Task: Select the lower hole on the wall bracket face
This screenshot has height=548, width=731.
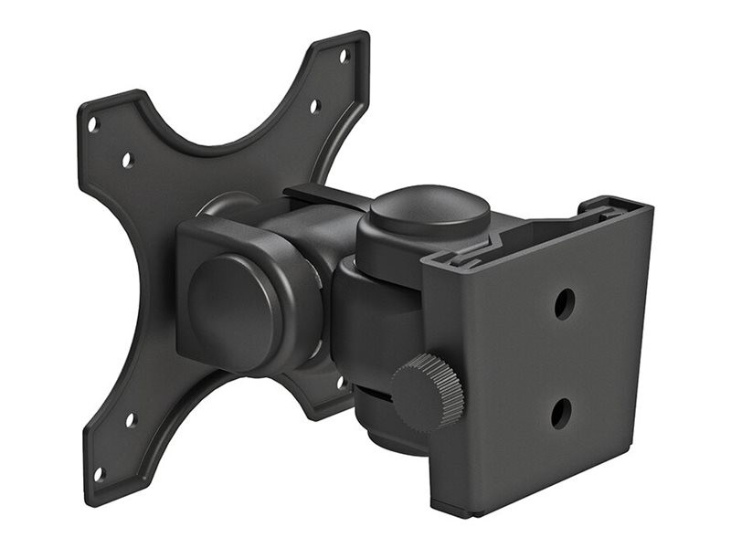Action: pyautogui.click(x=560, y=414)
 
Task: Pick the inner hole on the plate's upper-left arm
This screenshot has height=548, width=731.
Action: pyautogui.click(x=127, y=159)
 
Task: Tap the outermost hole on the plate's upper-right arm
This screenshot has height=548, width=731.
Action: pyautogui.click(x=344, y=56)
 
